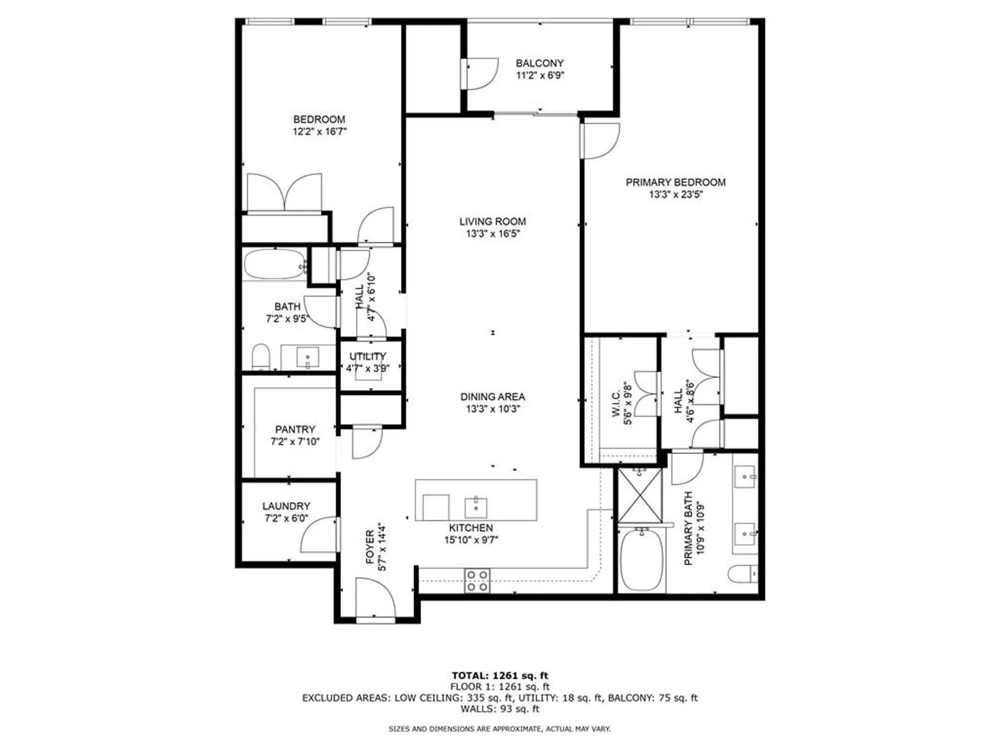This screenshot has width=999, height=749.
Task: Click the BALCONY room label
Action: [x=539, y=63]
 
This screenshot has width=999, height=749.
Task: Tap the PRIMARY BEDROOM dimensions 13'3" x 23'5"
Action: [x=675, y=195]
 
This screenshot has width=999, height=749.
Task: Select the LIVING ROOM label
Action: [x=493, y=221]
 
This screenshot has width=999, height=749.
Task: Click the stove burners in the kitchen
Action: [x=477, y=581]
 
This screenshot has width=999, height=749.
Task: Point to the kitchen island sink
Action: [x=476, y=508]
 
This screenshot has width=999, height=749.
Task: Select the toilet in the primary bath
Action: [x=743, y=574]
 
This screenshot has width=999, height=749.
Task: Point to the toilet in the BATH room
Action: [x=261, y=357]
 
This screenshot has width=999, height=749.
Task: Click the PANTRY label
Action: [x=295, y=429]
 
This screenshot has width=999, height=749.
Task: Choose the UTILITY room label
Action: [x=368, y=357]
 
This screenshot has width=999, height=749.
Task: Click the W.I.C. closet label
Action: [x=615, y=403]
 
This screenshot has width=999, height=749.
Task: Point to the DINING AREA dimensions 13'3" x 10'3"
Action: [x=493, y=409]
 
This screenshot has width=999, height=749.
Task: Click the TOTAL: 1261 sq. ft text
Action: [x=499, y=676]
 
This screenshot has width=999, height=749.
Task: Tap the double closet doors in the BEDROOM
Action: [x=285, y=192]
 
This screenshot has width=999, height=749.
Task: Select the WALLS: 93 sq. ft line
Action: [x=499, y=709]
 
